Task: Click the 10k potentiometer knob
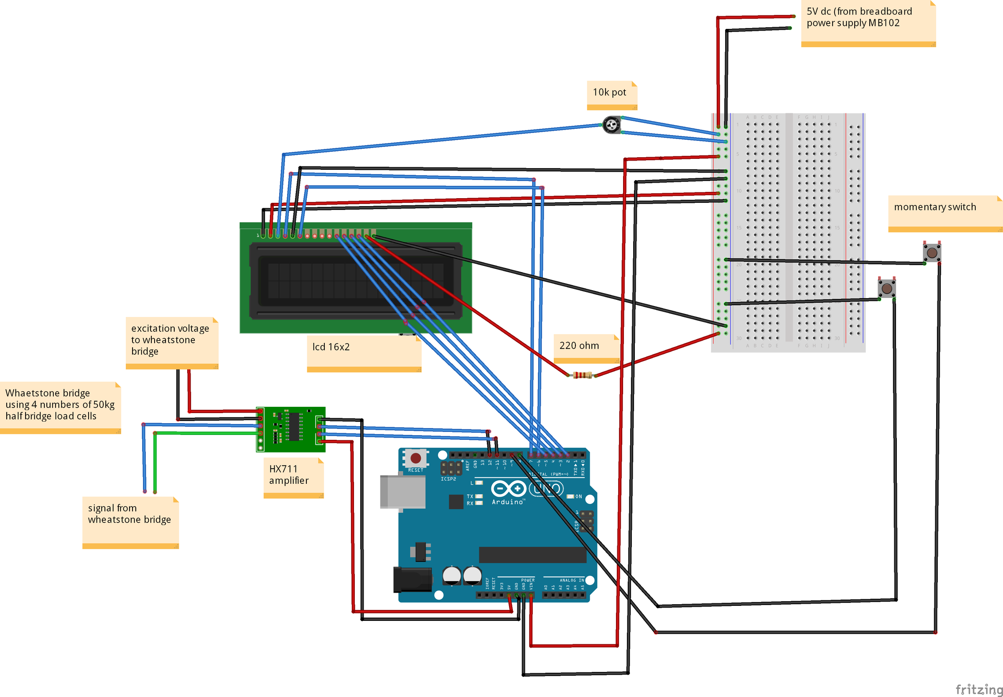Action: [611, 125]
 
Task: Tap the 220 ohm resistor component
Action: [582, 375]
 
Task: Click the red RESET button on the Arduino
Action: [415, 458]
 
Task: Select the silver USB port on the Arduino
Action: [402, 492]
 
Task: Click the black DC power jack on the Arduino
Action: [412, 580]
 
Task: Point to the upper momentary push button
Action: [932, 253]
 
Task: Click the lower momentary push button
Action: [886, 288]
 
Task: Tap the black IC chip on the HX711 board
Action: [294, 426]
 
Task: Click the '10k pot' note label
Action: [609, 92]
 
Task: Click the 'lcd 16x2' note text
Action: [331, 347]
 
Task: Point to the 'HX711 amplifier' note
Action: [288, 475]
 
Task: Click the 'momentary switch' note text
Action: [934, 207]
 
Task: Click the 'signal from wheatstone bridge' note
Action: [129, 514]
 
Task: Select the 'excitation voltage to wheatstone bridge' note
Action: [170, 340]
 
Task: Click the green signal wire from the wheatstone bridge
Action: [155, 463]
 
